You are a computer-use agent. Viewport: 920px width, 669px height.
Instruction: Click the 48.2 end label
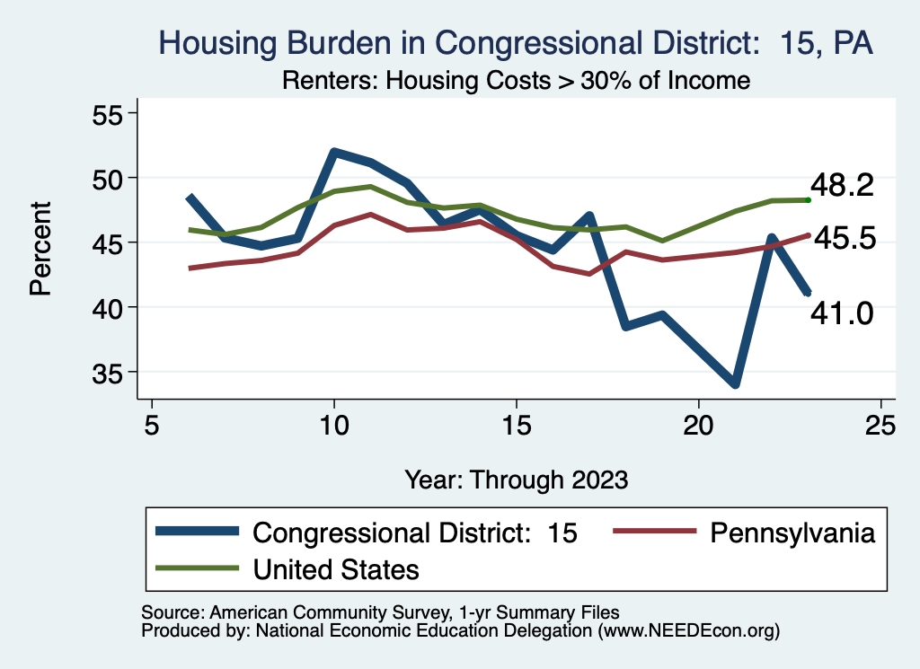tap(842, 185)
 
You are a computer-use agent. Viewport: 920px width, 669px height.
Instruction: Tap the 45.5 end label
tap(842, 240)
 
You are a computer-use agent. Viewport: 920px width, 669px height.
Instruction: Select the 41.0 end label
tap(842, 312)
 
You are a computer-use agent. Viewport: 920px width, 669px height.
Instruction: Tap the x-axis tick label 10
tap(334, 426)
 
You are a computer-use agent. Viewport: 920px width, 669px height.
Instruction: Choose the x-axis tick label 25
tap(881, 426)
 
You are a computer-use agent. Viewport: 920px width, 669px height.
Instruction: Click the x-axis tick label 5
tap(152, 426)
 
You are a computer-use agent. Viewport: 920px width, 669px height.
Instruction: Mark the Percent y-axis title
tap(40, 249)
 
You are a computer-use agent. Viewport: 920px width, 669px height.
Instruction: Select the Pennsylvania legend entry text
tap(792, 533)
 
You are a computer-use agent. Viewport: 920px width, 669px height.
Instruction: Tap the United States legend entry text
tap(336, 568)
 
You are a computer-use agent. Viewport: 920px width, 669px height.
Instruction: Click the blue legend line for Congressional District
tap(198, 532)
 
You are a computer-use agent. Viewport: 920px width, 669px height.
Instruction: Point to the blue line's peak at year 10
tap(334, 152)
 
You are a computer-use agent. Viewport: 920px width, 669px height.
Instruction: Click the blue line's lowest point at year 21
tap(736, 384)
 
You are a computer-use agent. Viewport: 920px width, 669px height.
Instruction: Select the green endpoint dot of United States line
tap(809, 199)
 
